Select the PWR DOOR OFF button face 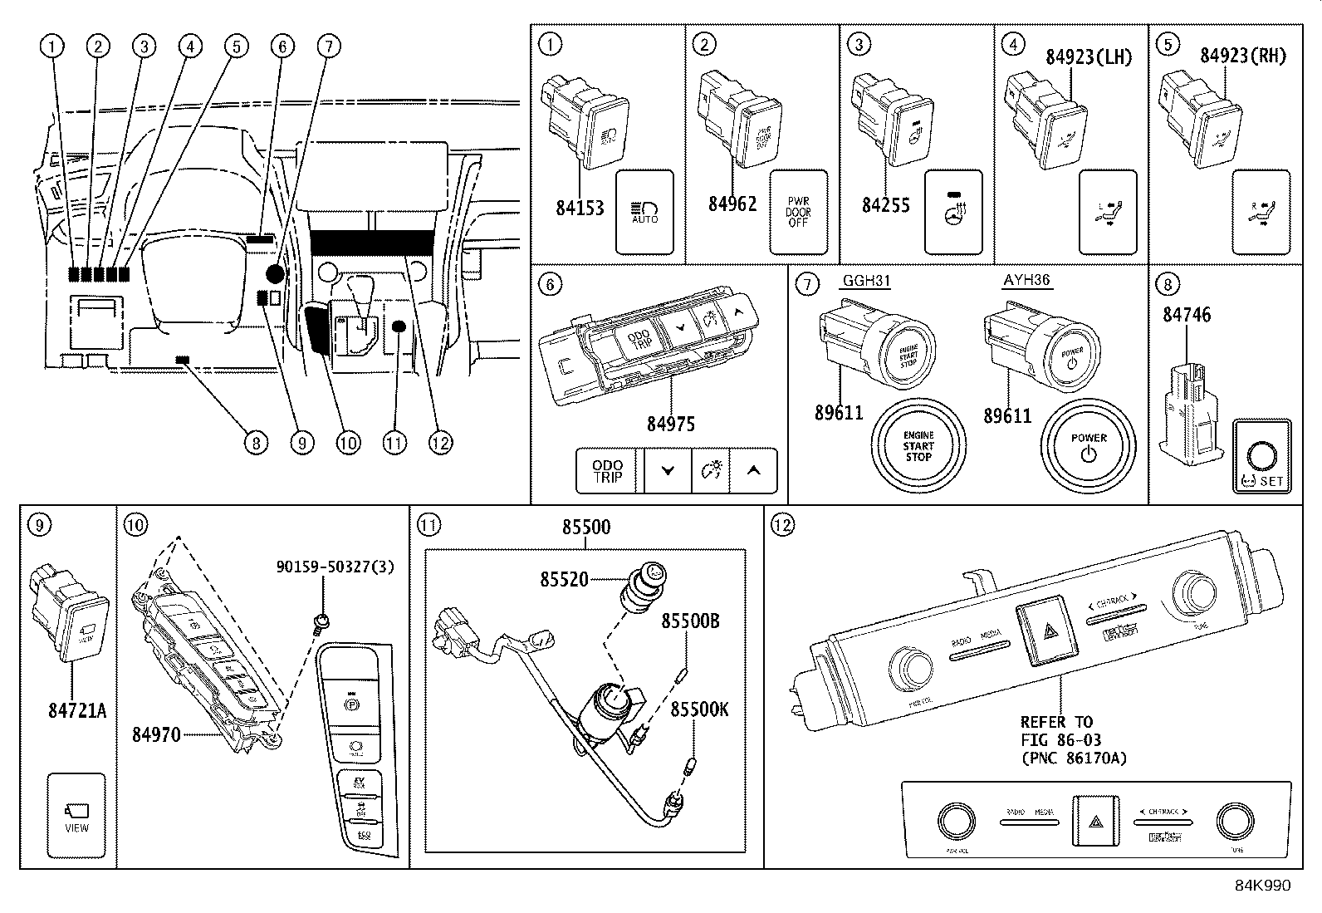pos(798,213)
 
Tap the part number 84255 pos(885,204)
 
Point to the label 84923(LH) pos(1089,56)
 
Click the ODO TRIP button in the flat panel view pos(609,471)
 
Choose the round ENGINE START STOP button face pos(918,446)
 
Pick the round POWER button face pos(1089,446)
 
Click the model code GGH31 pos(866,281)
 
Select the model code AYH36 pos(1026,280)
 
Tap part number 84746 pos(1187,314)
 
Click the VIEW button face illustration pos(76,815)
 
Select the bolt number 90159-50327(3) pos(335,567)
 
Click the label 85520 pos(564,579)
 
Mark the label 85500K pos(699,709)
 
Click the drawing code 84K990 pos(1262,886)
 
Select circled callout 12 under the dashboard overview pos(440,443)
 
